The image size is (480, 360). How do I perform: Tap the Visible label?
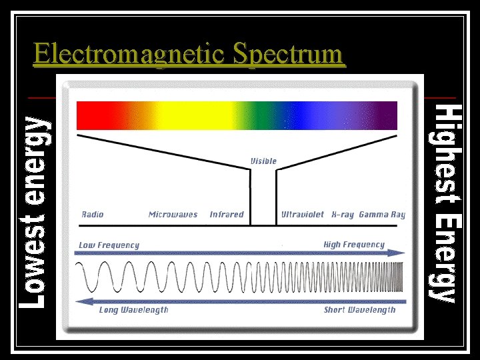point(263,161)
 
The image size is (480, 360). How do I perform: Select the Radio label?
point(93,215)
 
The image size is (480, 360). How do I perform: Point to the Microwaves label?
point(173,215)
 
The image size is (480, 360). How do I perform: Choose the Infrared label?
point(227,215)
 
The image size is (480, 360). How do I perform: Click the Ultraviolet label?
point(302,215)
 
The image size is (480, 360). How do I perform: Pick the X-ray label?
point(342,215)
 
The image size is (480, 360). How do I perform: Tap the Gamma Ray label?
point(382,215)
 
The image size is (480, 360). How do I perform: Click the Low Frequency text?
point(109,245)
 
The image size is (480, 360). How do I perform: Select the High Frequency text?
point(354,245)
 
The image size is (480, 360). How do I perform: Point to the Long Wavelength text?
point(133,310)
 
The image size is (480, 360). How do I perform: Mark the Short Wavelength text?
point(359,310)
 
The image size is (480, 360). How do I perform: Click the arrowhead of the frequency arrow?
point(399,253)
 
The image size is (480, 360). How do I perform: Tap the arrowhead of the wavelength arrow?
point(82,301)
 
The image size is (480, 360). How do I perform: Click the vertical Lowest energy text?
point(33,211)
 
